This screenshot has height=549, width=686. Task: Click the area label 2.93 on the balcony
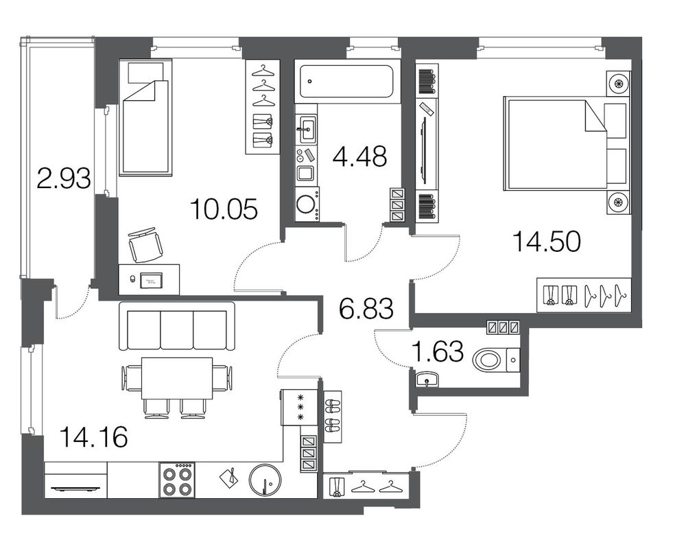[x=64, y=178]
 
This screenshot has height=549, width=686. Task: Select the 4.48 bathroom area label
[x=359, y=156]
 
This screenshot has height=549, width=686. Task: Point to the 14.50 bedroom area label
[x=547, y=242]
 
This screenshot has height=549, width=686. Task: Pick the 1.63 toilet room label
[x=438, y=351]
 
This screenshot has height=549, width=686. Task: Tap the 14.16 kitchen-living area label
[x=93, y=436]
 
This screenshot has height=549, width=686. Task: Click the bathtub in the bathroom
[x=347, y=82]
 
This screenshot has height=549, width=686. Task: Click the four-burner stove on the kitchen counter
[x=177, y=480]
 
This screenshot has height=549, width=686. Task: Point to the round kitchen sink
[x=265, y=480]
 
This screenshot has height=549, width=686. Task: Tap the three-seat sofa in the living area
[x=177, y=326]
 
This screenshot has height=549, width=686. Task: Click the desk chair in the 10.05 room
[x=145, y=245]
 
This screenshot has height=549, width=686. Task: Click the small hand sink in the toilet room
[x=427, y=379]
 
